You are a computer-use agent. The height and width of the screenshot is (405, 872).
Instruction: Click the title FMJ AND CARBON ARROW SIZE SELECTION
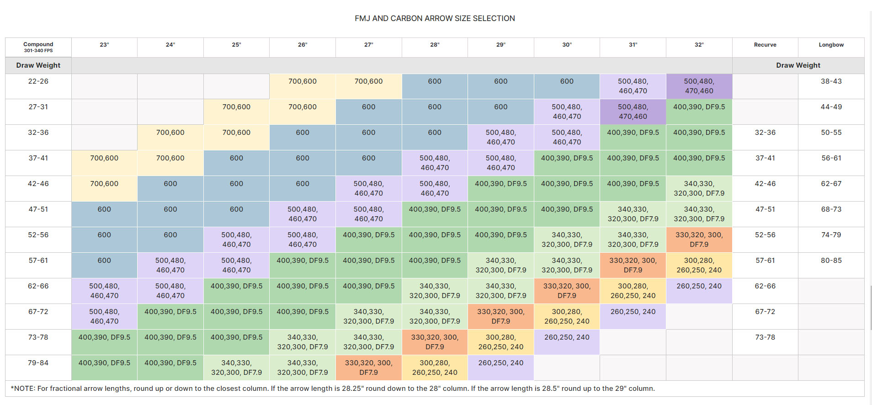(435, 18)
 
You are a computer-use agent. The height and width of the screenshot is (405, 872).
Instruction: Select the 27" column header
(368, 45)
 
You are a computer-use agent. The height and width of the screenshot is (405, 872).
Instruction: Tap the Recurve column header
(765, 45)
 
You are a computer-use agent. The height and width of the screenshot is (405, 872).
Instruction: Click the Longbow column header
(831, 45)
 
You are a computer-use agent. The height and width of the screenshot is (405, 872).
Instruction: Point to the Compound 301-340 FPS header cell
(38, 47)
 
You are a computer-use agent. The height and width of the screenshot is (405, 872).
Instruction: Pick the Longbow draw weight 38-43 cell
(831, 81)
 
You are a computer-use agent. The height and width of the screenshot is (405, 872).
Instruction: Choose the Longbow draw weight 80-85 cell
(831, 261)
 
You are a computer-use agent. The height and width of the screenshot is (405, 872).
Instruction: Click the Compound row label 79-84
(38, 363)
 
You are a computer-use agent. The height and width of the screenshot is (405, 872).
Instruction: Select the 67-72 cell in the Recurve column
(765, 312)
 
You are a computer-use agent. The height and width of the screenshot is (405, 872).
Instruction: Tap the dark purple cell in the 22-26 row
(699, 86)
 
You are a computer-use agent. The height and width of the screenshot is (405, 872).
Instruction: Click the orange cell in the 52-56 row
(699, 240)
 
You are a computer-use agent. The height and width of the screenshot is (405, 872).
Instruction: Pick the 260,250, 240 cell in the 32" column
(699, 286)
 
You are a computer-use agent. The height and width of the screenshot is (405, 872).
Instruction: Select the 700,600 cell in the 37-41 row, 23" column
(104, 158)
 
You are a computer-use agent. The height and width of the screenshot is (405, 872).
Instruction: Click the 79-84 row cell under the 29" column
(500, 363)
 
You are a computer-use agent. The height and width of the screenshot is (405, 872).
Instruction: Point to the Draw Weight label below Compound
(38, 65)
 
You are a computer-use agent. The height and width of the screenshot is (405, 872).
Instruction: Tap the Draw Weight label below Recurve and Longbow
(798, 65)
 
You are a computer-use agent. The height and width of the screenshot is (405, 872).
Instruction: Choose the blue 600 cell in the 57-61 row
(104, 261)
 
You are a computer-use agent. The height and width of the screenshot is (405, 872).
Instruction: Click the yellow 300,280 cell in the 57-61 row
(699, 265)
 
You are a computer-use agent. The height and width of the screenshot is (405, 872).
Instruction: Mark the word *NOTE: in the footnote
(23, 389)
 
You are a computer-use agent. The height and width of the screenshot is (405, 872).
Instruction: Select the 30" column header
(567, 45)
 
